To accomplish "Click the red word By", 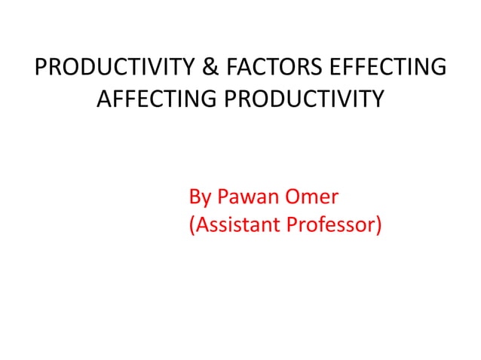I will point(200,198).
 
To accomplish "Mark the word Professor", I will point(332,225).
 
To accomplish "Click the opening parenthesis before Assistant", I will point(191,225).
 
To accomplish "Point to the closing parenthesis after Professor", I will point(378,225).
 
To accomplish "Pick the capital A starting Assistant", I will point(201,225).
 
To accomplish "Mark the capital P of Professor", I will point(293,225).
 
